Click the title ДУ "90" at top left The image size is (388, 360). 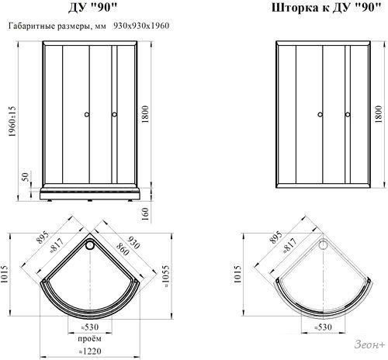click(93, 8)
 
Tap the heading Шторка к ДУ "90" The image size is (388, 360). click(327, 8)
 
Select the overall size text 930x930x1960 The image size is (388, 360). click(141, 26)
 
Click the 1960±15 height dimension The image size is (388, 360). click(12, 121)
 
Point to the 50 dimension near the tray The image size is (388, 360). click(26, 177)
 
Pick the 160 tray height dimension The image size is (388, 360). click(145, 214)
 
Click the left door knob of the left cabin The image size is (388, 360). click(87, 115)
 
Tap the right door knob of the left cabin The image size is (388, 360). click(114, 115)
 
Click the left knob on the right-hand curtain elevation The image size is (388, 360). click(320, 115)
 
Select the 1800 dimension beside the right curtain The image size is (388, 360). click(378, 114)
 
